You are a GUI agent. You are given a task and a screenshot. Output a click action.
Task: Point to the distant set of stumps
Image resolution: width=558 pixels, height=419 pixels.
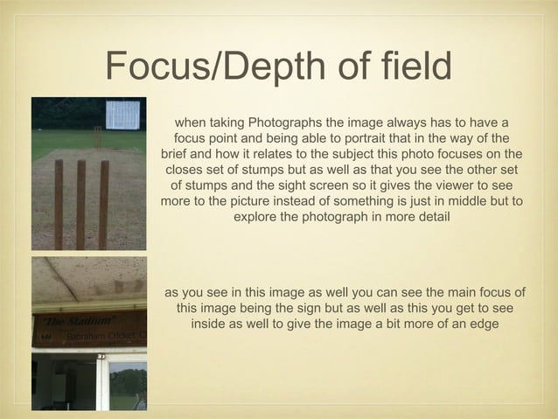[97, 136]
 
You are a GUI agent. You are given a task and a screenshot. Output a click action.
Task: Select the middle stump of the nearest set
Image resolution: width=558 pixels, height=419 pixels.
[80, 204]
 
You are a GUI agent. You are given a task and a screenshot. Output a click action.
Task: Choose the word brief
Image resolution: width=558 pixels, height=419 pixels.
[178, 153]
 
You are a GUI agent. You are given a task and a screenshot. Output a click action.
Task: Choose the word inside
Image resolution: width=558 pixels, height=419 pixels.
[211, 323]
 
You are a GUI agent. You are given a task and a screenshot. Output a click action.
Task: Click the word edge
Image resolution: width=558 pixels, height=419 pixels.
[479, 323]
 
